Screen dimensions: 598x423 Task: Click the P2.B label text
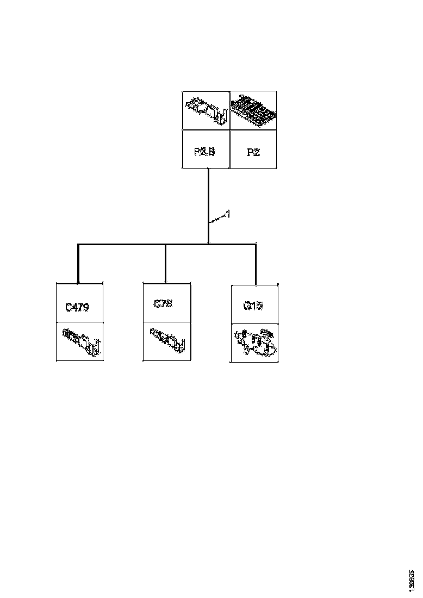(205, 152)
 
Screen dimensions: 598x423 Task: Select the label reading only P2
(253, 152)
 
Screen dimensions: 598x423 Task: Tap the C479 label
(77, 307)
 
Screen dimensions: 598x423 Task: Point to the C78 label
(163, 304)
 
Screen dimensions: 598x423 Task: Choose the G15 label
(253, 306)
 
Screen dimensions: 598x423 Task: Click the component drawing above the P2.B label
(206, 110)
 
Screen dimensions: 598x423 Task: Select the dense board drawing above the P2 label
(253, 110)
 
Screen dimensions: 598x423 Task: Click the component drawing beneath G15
(254, 342)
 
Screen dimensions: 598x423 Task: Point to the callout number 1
(228, 215)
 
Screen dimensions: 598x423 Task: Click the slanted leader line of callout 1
(217, 219)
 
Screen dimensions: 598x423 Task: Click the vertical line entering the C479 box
(79, 264)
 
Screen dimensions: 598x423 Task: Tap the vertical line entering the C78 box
(165, 264)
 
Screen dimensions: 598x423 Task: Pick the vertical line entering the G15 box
(256, 264)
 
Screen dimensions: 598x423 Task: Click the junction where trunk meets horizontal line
(209, 244)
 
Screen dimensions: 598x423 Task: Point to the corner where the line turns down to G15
(256, 245)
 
